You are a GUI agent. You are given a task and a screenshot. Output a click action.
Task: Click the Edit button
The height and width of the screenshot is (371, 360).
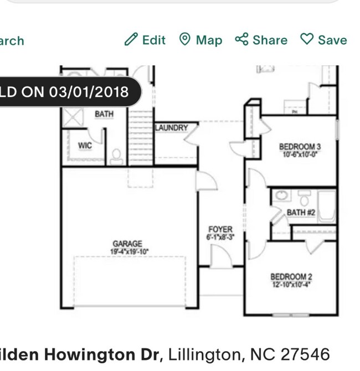pyautogui.click(x=145, y=40)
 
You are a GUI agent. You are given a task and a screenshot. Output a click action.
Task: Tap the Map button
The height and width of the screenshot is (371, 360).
pyautogui.click(x=200, y=40)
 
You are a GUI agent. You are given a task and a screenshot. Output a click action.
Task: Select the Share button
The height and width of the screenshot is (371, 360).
pyautogui.click(x=261, y=40)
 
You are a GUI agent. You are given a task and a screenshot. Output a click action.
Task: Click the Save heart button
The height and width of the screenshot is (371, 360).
pyautogui.click(x=323, y=40)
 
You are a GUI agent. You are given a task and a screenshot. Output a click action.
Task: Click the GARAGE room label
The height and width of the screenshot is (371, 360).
pyautogui.click(x=127, y=244)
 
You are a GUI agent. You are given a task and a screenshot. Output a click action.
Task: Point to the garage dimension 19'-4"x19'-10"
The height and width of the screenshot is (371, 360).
pyautogui.click(x=129, y=251)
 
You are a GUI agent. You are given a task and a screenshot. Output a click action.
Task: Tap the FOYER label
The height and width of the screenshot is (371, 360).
pyautogui.click(x=220, y=229)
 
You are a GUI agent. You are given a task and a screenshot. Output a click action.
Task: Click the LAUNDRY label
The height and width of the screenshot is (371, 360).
pyautogui.click(x=172, y=128)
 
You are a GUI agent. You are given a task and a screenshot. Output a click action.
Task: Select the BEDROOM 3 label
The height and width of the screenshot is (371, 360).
pyautogui.click(x=300, y=147)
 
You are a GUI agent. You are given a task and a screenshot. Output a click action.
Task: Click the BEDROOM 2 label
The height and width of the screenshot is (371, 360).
pyautogui.click(x=291, y=277)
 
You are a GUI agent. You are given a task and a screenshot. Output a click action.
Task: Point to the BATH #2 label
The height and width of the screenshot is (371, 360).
pyautogui.click(x=301, y=212)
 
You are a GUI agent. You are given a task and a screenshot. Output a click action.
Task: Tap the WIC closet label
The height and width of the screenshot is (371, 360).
pyautogui.click(x=85, y=146)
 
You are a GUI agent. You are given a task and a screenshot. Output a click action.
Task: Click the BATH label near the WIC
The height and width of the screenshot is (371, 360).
pyautogui.click(x=104, y=114)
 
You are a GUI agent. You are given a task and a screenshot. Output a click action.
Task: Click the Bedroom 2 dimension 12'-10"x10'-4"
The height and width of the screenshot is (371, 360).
pyautogui.click(x=292, y=285)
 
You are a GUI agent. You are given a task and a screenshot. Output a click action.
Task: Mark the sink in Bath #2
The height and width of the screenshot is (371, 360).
pyautogui.click(x=281, y=195)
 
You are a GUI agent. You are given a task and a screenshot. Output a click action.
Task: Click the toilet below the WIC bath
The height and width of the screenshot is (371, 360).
pyautogui.click(x=117, y=157)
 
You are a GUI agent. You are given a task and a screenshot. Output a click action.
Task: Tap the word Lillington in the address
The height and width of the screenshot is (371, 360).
pyautogui.click(x=201, y=354)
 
